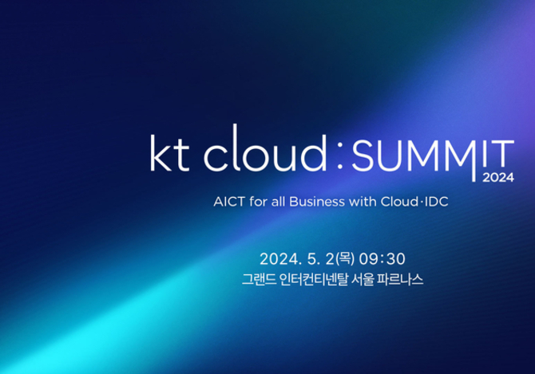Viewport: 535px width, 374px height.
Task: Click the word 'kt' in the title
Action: pos(169,153)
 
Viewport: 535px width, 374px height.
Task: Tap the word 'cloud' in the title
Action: pos(265,148)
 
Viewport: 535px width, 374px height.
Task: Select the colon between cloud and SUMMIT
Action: pos(339,155)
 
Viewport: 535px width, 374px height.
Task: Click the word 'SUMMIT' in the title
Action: pos(433,156)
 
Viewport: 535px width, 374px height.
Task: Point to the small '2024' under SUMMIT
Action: pos(498,178)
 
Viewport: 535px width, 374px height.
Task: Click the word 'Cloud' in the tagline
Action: pos(399,202)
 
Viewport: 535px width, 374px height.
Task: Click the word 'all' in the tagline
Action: pos(278,202)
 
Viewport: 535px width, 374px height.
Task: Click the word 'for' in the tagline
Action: pos(258,202)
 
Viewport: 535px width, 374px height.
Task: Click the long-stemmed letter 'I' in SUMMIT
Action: pos(474,160)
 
